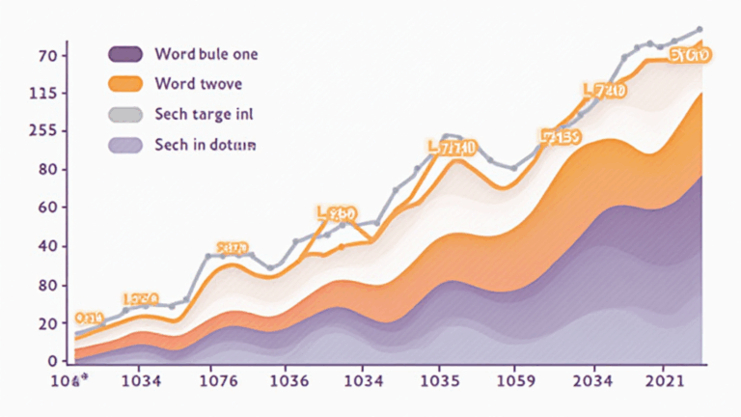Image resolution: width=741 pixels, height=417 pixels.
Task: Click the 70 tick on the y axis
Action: click(x=48, y=56)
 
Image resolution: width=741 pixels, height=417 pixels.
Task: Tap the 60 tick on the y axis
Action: click(x=48, y=208)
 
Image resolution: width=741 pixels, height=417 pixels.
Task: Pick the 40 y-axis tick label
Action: click(x=48, y=246)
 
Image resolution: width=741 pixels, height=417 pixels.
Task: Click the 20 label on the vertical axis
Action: click(x=48, y=323)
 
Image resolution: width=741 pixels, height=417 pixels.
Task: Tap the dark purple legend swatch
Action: click(x=125, y=53)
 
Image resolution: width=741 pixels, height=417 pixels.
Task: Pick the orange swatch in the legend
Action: click(x=125, y=83)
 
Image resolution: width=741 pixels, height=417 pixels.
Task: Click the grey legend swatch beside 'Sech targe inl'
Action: click(x=125, y=115)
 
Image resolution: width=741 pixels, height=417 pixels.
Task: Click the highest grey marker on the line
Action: click(x=699, y=29)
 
